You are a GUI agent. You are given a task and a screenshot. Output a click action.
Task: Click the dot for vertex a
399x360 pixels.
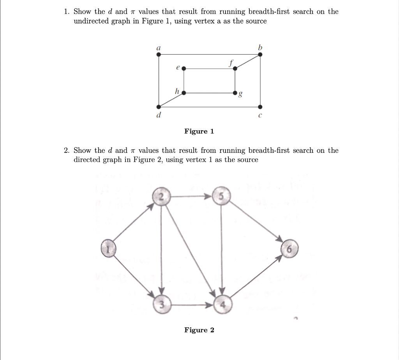pyautogui.click(x=159, y=55)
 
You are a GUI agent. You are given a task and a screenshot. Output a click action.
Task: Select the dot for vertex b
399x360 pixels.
pyautogui.click(x=260, y=55)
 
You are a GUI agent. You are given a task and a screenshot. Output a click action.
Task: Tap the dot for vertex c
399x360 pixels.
pyautogui.click(x=260, y=107)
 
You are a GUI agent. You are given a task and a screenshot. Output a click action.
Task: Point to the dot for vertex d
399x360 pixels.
pyautogui.click(x=159, y=107)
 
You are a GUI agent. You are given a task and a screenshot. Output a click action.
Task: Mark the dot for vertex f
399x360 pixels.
pyautogui.click(x=235, y=69)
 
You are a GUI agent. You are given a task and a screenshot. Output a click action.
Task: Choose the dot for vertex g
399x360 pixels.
pyautogui.click(x=235, y=93)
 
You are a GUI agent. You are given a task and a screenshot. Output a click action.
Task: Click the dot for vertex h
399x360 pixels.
pyautogui.click(x=184, y=93)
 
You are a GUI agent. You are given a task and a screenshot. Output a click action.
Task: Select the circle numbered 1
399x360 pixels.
pyautogui.click(x=109, y=248)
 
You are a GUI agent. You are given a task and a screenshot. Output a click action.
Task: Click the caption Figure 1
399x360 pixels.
pyautogui.click(x=199, y=131)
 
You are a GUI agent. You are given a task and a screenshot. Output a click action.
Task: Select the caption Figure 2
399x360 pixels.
pyautogui.click(x=199, y=330)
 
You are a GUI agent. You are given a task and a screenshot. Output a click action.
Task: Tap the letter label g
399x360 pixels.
pyautogui.click(x=240, y=95)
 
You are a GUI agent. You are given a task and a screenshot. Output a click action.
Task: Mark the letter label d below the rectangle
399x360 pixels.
pyautogui.click(x=159, y=115)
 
